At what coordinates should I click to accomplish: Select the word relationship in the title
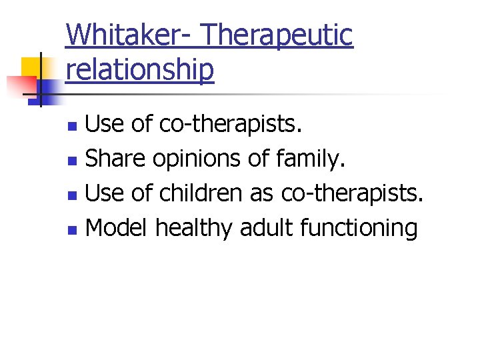[140, 69]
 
